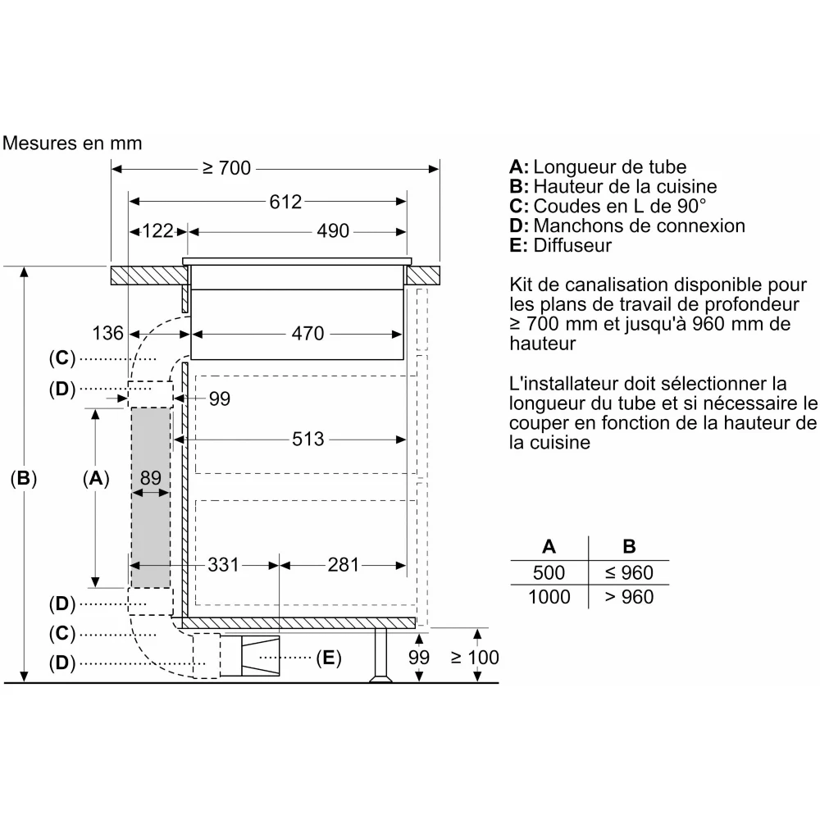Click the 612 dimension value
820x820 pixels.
(x=285, y=202)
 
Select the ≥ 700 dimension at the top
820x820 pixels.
(x=226, y=168)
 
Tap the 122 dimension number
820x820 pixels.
(x=157, y=231)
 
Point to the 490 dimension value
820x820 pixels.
(x=333, y=231)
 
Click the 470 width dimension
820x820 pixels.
(x=308, y=334)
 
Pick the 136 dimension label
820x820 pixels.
(x=107, y=333)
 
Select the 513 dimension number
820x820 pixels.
(x=308, y=440)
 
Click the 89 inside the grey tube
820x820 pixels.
(x=151, y=478)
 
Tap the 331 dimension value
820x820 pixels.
(x=223, y=565)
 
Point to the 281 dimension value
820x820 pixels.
(x=344, y=565)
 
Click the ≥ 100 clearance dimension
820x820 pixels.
(x=475, y=658)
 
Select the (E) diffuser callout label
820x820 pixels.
(x=329, y=658)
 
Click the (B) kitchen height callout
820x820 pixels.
(x=24, y=479)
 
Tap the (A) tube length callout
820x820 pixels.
(x=96, y=479)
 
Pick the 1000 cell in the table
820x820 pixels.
(x=549, y=597)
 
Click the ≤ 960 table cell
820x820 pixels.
(x=629, y=572)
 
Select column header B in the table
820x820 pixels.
(x=629, y=546)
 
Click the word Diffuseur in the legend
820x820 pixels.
(x=572, y=245)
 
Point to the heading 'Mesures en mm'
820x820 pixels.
(x=72, y=143)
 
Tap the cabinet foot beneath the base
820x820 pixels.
(x=380, y=656)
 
